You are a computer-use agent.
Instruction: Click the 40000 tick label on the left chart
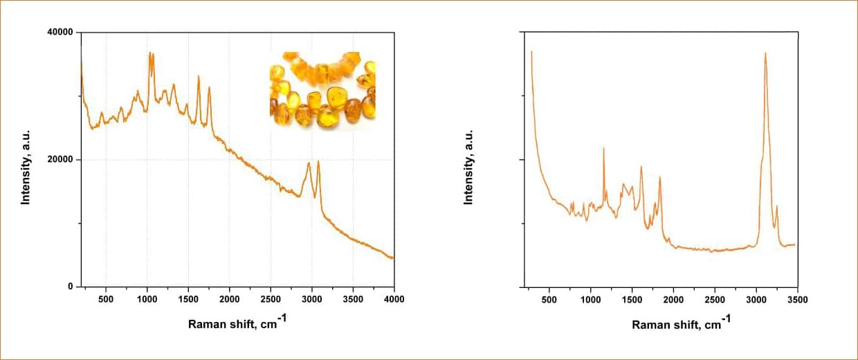pyautogui.click(x=60, y=33)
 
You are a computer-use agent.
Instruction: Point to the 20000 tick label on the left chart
pyautogui.click(x=60, y=160)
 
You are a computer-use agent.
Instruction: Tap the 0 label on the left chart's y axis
pyautogui.click(x=70, y=287)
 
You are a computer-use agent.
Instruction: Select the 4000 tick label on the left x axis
pyautogui.click(x=394, y=299)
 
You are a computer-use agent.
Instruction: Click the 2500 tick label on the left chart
pyautogui.click(x=271, y=299)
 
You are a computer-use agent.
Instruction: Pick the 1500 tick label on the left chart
pyautogui.click(x=188, y=299)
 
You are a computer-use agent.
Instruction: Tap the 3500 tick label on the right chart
pyautogui.click(x=797, y=299)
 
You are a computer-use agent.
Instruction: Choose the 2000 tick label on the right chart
pyautogui.click(x=673, y=299)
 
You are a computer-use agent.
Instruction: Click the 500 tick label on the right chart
pyautogui.click(x=549, y=299)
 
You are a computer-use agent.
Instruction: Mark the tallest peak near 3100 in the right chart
pyautogui.click(x=765, y=53)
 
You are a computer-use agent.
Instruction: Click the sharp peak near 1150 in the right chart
pyautogui.click(x=603, y=148)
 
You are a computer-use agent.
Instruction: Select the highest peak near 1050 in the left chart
pyautogui.click(x=150, y=53)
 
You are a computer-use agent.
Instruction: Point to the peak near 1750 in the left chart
pyautogui.click(x=209, y=88)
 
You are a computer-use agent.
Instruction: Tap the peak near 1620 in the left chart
pyautogui.click(x=199, y=76)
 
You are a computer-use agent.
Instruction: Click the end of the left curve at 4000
pyautogui.click(x=393, y=258)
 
